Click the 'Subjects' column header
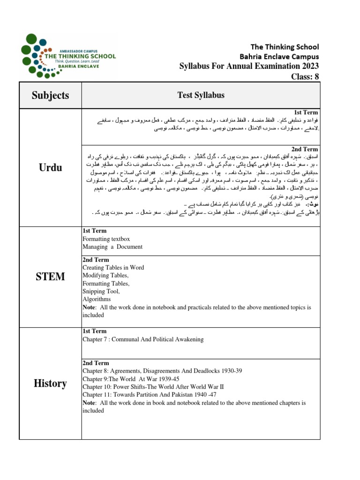[x=50, y=95]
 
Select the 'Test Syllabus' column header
[x=201, y=95]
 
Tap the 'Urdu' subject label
[x=50, y=167]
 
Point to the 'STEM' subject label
[x=50, y=277]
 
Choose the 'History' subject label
[x=50, y=383]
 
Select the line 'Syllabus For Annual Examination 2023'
[x=249, y=66]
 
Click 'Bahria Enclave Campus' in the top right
[x=285, y=56]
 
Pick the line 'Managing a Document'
[x=112, y=247]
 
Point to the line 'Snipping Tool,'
[x=101, y=291]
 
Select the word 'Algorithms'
[x=97, y=299]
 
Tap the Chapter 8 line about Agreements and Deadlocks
[x=162, y=371]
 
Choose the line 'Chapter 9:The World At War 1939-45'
[x=131, y=379]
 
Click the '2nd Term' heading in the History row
[x=96, y=363]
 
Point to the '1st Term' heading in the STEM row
[x=94, y=231]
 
